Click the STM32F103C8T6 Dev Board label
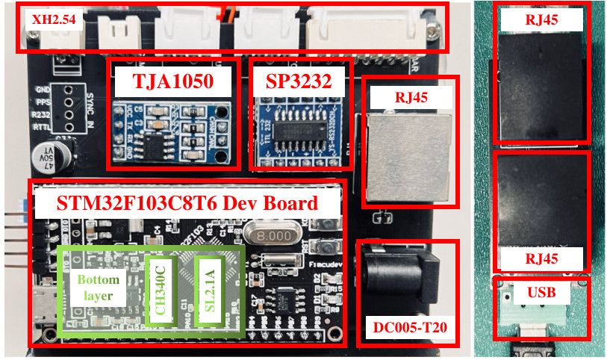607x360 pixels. (187, 203)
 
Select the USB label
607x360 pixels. (542, 292)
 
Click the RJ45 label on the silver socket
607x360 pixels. (408, 96)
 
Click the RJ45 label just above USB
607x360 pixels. (542, 260)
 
